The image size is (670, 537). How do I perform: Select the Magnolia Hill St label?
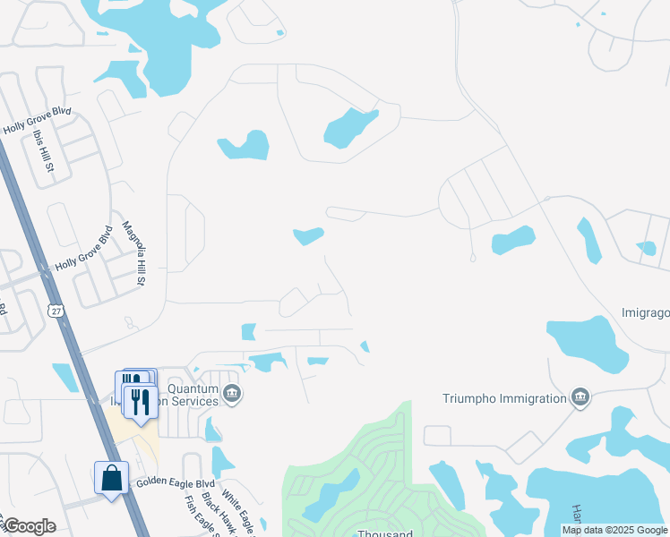click(133, 253)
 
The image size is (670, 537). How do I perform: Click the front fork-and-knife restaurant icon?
click(141, 402)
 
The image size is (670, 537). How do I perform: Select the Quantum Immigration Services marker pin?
click(232, 394)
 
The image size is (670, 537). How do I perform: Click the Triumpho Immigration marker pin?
click(580, 397)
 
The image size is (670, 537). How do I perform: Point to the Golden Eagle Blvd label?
click(175, 482)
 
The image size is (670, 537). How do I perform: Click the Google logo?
click(30, 526)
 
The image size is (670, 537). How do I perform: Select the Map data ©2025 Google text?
click(615, 531)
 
